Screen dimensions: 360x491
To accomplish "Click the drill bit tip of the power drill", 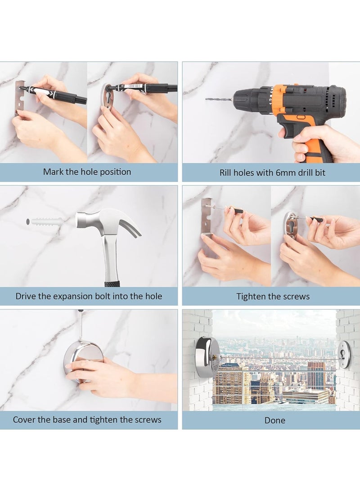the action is [x=207, y=99].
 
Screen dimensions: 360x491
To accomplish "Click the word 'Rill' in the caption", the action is [x=225, y=172].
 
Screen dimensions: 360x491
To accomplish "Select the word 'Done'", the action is [x=275, y=420].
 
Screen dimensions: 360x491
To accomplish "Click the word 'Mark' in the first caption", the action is [x=54, y=171].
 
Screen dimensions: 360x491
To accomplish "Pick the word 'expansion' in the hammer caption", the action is [x=73, y=297].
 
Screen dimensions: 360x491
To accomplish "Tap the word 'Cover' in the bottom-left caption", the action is [x=24, y=419].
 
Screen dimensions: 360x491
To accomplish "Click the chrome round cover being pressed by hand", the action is [x=82, y=363].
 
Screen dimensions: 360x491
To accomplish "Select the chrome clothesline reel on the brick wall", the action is [x=207, y=357].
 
